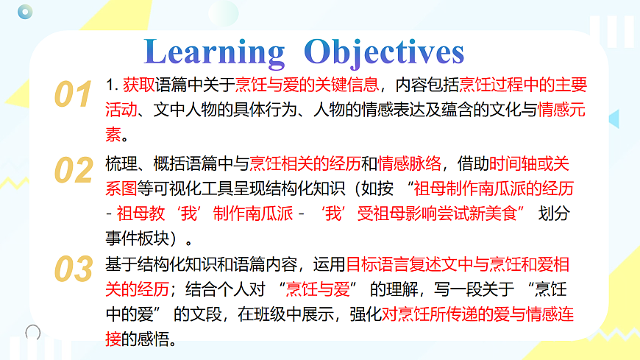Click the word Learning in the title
coord(215,52)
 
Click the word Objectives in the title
coord(384,52)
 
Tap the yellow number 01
coord(74,96)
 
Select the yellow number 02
coord(74,171)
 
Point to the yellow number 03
coord(74,269)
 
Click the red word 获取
coord(138,85)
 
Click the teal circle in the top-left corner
coord(26,11)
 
